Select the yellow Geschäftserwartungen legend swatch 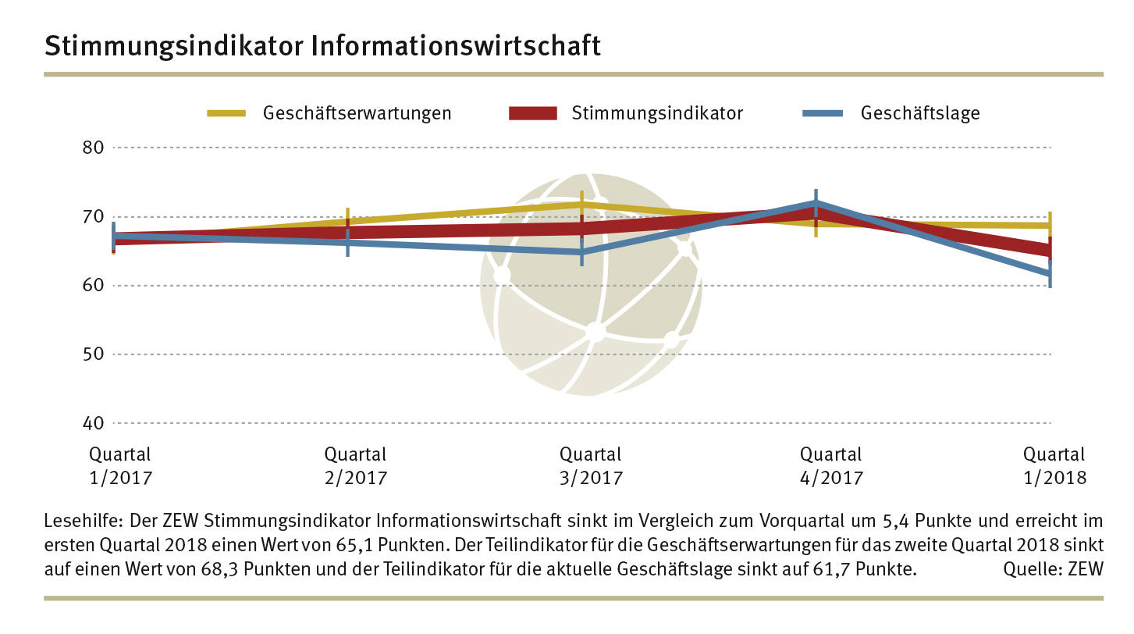[226, 113]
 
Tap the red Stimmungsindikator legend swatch [533, 113]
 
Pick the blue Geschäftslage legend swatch [823, 113]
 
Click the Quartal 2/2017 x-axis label [355, 465]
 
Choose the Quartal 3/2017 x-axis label [591, 465]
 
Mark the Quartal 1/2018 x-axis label [1054, 465]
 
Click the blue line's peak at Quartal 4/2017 [816, 203]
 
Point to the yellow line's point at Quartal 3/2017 [581, 205]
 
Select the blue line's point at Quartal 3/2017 [581, 251]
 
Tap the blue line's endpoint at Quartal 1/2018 [1049, 273]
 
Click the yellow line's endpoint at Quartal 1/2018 [1049, 226]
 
